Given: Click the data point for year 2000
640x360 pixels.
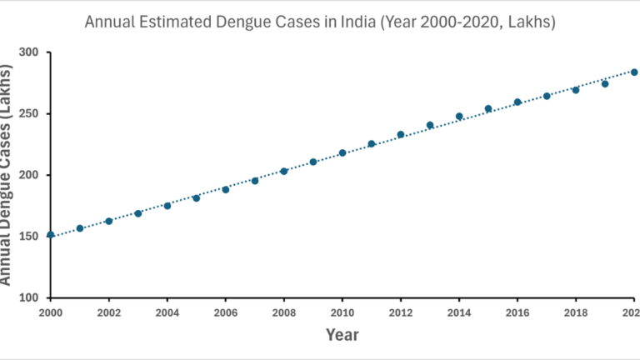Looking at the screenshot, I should click(x=51, y=234).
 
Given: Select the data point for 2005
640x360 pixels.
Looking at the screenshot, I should click(x=197, y=198).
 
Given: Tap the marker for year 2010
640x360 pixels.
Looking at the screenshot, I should click(x=342, y=152).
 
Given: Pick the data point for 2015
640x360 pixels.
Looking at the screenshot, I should click(x=488, y=109).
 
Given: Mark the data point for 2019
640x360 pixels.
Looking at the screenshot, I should click(x=605, y=83).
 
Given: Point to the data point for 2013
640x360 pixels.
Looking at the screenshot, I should click(x=430, y=125).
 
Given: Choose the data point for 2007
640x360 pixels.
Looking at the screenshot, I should click(x=255, y=180).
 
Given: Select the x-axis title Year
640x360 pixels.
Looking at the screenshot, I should click(x=342, y=335).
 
